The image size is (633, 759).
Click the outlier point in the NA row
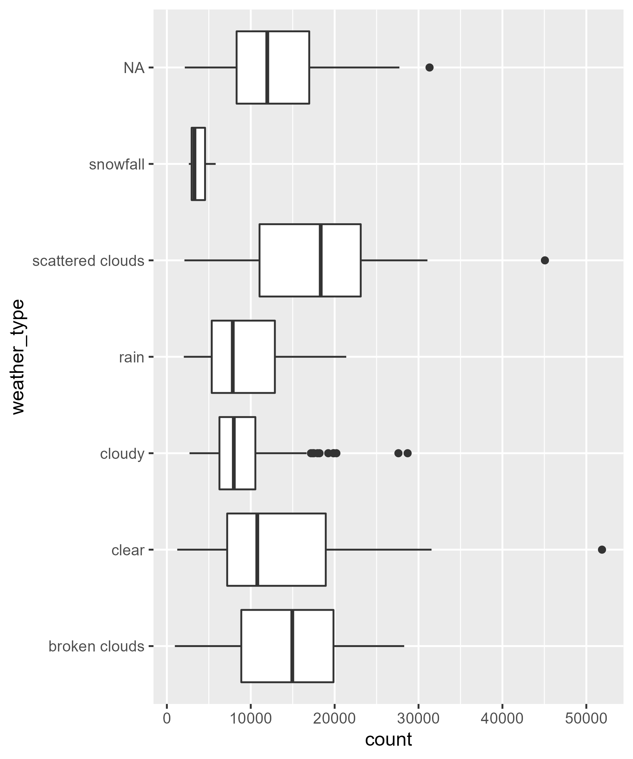tap(429, 68)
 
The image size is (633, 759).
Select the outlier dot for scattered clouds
tap(545, 260)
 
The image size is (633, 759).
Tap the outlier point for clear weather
tap(602, 550)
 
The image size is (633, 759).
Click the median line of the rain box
tap(233, 357)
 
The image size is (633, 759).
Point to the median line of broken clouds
tap(292, 646)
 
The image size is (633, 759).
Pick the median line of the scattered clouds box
tap(321, 260)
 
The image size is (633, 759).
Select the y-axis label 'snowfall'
tap(116, 165)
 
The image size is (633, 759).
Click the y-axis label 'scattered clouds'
tap(88, 261)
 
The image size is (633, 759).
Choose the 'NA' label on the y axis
tap(134, 68)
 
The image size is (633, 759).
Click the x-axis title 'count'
tap(388, 739)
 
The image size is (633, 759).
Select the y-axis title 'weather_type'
tap(18, 357)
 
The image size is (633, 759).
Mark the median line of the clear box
tap(257, 550)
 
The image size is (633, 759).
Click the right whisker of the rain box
tap(310, 357)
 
